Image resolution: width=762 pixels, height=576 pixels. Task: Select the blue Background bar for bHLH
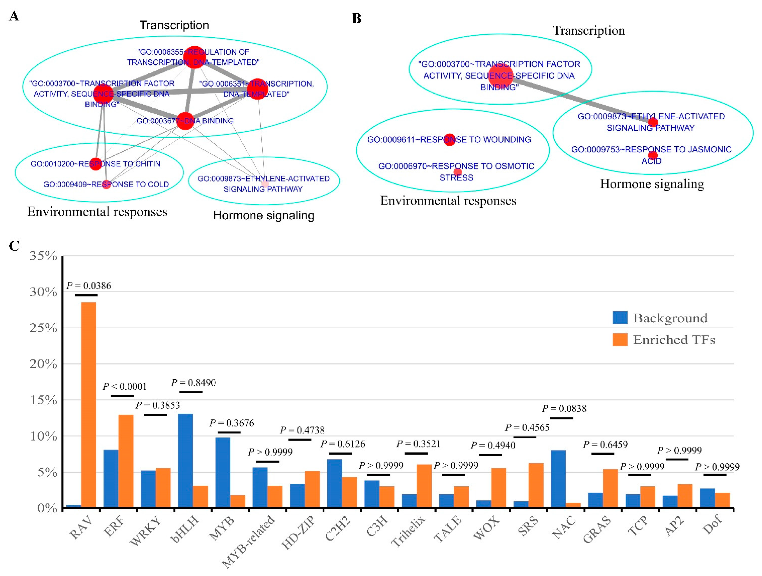[x=185, y=461]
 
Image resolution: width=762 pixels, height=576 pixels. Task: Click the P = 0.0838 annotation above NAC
[x=564, y=409]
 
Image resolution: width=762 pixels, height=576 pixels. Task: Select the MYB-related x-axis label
[x=249, y=541]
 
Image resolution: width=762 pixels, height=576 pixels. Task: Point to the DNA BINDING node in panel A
[x=185, y=121]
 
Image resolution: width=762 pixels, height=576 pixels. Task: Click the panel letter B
[x=356, y=18]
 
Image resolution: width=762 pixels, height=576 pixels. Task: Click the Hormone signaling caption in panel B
[x=652, y=184]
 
